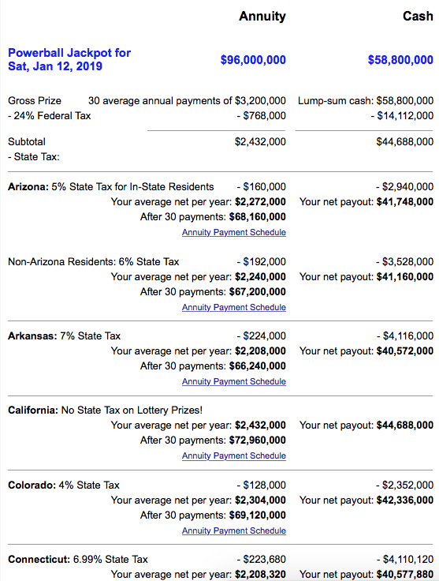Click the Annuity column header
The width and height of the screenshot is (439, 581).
[262, 16]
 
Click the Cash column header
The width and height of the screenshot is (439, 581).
[418, 16]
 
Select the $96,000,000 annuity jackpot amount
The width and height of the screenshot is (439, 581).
[253, 60]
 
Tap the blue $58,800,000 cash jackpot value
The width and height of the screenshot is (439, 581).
[400, 60]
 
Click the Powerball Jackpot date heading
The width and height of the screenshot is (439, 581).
[69, 59]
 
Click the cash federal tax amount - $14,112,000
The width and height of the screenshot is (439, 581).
[402, 115]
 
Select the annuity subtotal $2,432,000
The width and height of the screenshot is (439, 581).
[260, 142]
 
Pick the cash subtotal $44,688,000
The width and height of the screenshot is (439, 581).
[405, 142]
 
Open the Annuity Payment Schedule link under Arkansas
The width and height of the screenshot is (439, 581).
[234, 381]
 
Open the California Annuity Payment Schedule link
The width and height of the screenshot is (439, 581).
[234, 455]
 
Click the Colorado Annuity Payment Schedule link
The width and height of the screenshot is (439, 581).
[234, 530]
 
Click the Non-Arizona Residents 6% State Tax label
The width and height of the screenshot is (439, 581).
[93, 261]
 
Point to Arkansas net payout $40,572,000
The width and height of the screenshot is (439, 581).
[405, 351]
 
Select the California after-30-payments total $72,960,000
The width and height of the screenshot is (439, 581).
[258, 440]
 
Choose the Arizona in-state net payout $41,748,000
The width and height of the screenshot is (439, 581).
[405, 202]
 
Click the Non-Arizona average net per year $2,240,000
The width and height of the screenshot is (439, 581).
[260, 276]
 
